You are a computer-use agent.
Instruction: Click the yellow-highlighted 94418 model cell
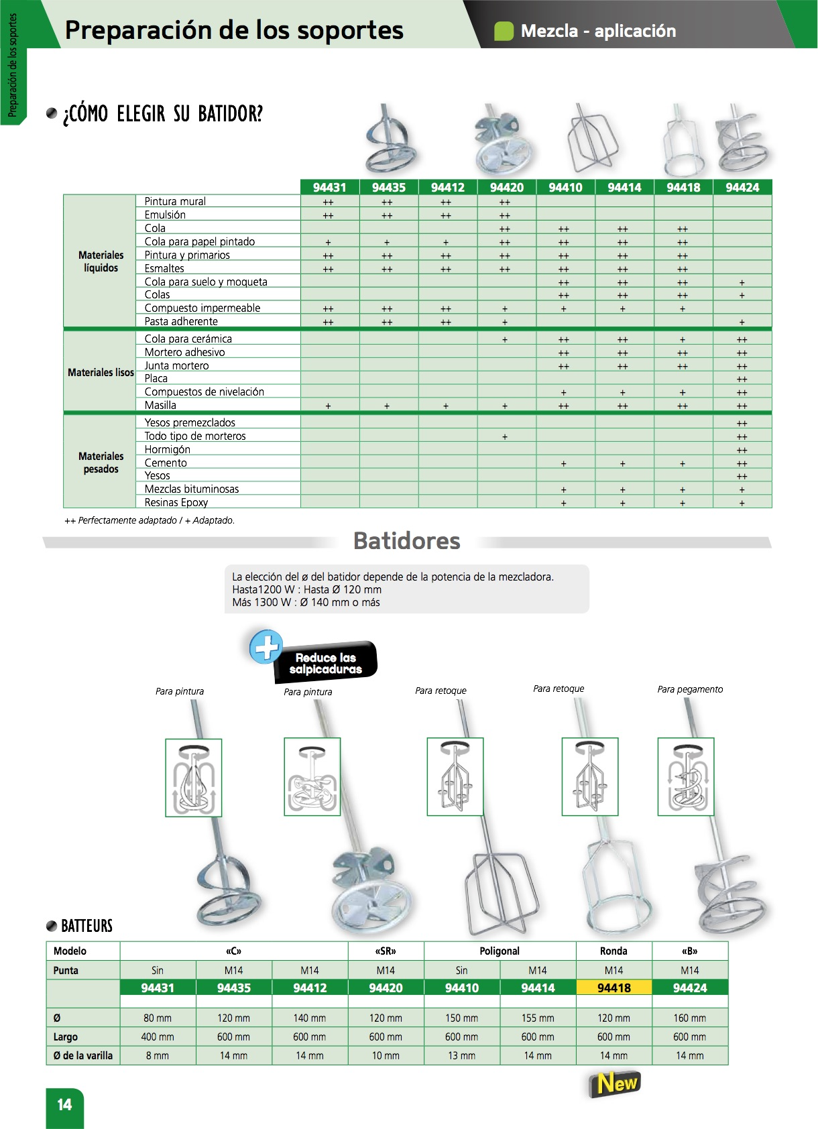pos(614,988)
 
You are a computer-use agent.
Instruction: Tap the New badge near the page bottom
pos(614,1083)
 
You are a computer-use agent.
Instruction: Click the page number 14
pos(64,1105)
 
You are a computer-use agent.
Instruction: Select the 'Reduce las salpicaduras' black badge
pos(326,663)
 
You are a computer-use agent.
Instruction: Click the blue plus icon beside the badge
pos(266,646)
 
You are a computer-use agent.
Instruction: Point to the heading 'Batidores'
pos(406,541)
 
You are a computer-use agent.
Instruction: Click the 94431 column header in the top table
pos(329,188)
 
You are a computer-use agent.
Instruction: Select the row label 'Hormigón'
pos(168,449)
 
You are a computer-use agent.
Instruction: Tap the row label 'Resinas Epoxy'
pos(176,502)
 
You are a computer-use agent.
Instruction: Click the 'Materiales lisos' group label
pos(101,372)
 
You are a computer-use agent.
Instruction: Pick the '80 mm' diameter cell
pos(158,1018)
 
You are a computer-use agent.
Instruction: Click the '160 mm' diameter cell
pos(689,1018)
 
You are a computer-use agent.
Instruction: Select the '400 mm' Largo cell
pos(158,1036)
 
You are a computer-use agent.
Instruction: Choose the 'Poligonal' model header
pos(500,951)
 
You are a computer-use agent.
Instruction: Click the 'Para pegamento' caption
pos(690,689)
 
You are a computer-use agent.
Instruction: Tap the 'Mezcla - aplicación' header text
pos(598,31)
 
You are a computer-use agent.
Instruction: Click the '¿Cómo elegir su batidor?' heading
pos(163,114)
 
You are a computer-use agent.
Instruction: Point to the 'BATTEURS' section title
pos(86,926)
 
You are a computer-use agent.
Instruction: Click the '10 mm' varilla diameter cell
pos(386,1055)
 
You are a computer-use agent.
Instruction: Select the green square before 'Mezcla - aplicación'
pos(504,31)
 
